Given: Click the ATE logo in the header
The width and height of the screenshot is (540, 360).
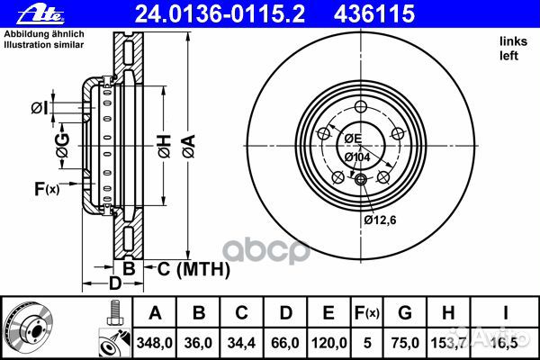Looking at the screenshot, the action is [40, 14].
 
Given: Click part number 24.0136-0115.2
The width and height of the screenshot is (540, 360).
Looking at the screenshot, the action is [220, 13].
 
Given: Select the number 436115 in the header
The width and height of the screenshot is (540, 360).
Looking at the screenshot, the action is [374, 13].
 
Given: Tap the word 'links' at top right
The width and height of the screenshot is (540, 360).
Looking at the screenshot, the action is [514, 41].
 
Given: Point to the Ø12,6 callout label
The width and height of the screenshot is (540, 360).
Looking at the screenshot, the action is [380, 220].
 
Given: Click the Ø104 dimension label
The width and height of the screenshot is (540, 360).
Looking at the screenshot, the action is [357, 157].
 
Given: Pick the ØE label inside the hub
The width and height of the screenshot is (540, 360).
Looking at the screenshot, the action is [354, 139].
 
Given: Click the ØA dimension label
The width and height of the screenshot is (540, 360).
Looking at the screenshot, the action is [189, 147].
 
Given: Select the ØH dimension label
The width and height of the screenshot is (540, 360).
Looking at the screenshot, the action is [165, 147].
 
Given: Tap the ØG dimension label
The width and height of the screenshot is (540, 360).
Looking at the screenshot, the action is [63, 146].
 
